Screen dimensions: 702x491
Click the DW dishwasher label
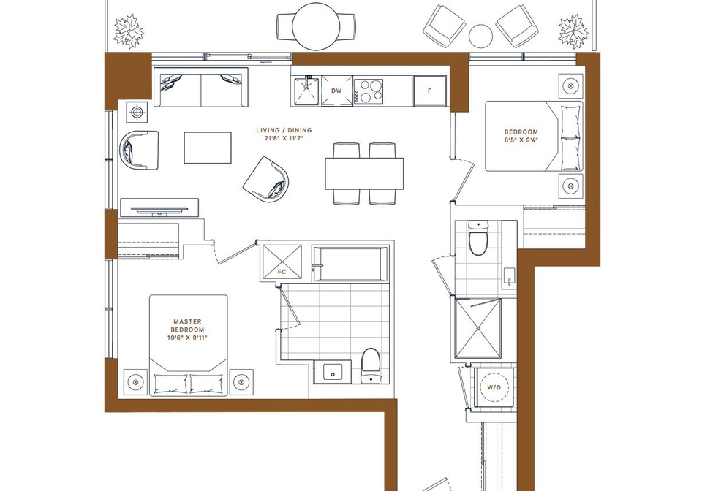coord(336,91)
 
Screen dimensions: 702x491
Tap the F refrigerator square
coord(430,91)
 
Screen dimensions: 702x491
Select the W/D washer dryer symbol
coord(494,387)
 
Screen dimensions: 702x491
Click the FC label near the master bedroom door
coord(282,271)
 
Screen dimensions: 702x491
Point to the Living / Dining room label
coord(284,130)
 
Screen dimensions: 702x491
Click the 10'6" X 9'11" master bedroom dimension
coord(187,338)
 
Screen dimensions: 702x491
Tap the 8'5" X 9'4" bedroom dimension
coord(521,140)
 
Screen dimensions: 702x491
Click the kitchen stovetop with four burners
coord(369,91)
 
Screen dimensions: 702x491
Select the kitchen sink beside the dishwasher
coord(307,91)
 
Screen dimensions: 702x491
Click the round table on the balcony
coord(316,27)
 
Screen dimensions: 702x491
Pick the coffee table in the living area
coord(208,148)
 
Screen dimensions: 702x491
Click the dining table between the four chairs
coord(364,174)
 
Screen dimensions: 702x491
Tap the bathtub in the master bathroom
coord(350,264)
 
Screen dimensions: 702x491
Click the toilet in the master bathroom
coord(371,366)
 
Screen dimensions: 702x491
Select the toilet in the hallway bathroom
coord(478,237)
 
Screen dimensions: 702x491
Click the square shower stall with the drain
coord(478,328)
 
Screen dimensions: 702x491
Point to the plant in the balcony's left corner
coord(129,31)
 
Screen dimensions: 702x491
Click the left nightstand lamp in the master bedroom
coord(135,382)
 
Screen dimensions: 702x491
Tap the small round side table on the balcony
coord(481,36)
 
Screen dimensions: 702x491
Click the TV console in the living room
coord(159,208)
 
